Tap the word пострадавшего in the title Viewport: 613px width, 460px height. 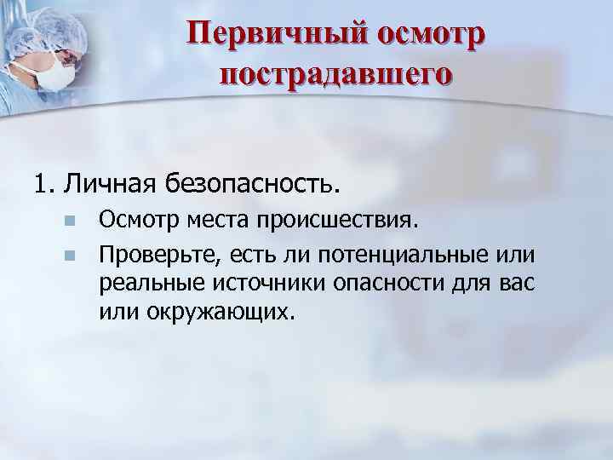pyautogui.click(x=335, y=74)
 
